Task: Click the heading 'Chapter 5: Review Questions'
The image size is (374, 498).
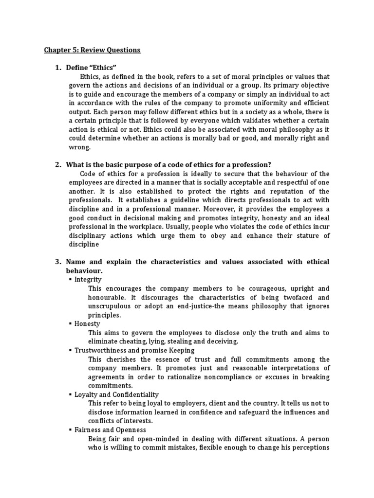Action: point(92,50)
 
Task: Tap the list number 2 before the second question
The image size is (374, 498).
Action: point(57,164)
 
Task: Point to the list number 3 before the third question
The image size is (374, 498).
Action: point(57,262)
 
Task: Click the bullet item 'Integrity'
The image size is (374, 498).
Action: point(88,279)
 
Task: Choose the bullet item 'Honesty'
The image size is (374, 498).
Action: point(87,323)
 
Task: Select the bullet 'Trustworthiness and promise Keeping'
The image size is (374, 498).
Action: point(134,350)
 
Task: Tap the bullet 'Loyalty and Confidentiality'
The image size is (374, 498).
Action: point(116,394)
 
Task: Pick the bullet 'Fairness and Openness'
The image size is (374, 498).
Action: point(110,430)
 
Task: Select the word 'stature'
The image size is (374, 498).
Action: point(290,236)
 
